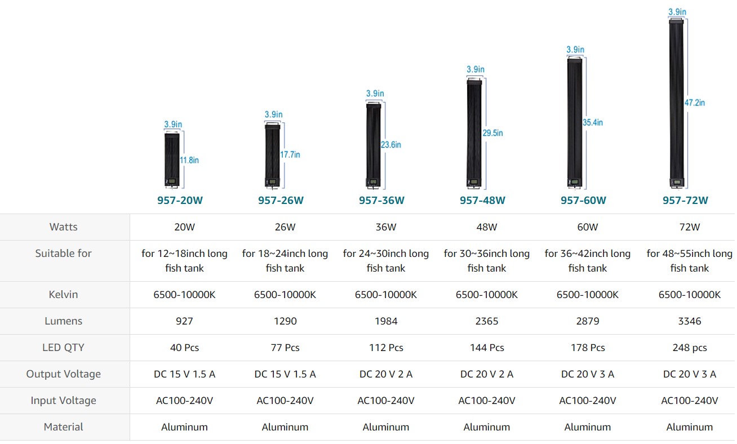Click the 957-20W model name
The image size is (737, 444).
point(180,201)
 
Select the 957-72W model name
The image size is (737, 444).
point(685,201)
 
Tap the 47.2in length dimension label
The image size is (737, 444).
point(694,103)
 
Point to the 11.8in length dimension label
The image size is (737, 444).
point(189,160)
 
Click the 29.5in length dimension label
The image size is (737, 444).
point(493,133)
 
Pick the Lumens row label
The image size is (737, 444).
point(64,321)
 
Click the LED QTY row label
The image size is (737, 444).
point(64,348)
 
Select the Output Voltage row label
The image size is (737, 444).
point(64,374)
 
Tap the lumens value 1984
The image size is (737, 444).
point(386,321)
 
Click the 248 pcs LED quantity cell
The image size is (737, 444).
point(690,348)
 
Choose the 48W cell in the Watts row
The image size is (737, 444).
point(487,227)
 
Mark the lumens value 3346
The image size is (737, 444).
point(690,321)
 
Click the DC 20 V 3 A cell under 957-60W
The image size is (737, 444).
point(588,374)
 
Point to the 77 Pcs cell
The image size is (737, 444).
point(285,348)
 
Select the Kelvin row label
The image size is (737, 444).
point(64,295)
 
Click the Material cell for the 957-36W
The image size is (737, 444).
point(386,427)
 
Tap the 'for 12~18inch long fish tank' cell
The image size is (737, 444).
point(184,261)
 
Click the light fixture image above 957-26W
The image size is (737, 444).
point(273,155)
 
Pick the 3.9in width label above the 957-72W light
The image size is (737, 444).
point(677,12)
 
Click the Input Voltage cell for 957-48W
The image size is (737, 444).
point(487,401)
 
